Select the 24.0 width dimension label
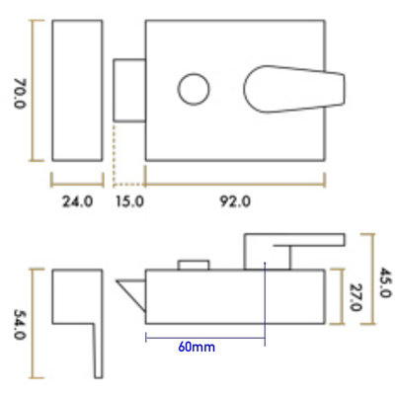click(x=77, y=202)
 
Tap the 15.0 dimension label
click(x=129, y=202)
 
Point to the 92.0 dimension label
click(x=235, y=202)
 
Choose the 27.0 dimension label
click(x=355, y=295)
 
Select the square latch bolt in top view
click(x=129, y=90)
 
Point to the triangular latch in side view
click(x=130, y=293)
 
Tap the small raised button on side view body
click(x=193, y=264)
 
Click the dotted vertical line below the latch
click(x=115, y=153)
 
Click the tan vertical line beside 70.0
click(x=34, y=90)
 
